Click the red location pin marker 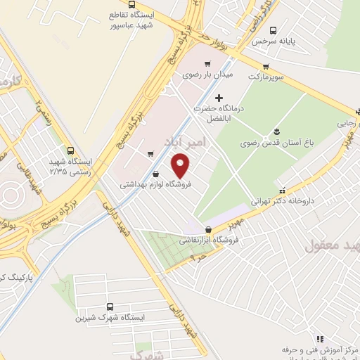(181, 166)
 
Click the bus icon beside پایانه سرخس (274, 30)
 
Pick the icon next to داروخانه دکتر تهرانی (282, 190)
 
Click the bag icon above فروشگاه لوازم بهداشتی (155, 174)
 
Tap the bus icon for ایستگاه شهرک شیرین (110, 307)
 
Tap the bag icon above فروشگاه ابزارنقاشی (207, 229)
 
